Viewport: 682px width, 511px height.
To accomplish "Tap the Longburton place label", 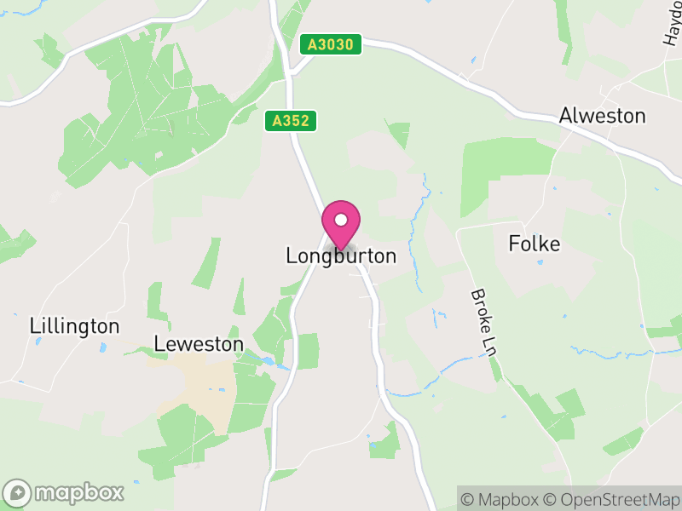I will coord(341,255).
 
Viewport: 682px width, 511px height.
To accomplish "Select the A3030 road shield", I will coord(332,44).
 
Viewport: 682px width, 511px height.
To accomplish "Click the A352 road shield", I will coord(290,122).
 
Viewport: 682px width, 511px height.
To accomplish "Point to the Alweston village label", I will coord(602,116).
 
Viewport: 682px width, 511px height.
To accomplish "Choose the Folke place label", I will coord(535,244).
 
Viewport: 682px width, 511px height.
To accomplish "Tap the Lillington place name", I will coord(74,326).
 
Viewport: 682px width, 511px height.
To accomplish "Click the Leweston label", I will coord(199,344).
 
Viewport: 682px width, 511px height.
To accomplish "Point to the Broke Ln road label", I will coord(483,323).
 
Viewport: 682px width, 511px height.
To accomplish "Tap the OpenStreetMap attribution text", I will coord(611,499).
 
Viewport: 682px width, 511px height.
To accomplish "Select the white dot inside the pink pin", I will coord(341,221).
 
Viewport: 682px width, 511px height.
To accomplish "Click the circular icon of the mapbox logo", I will coord(19,492).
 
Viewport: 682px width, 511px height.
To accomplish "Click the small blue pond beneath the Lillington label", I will coord(101,347).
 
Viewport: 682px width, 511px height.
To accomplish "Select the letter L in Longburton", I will coord(292,255).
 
